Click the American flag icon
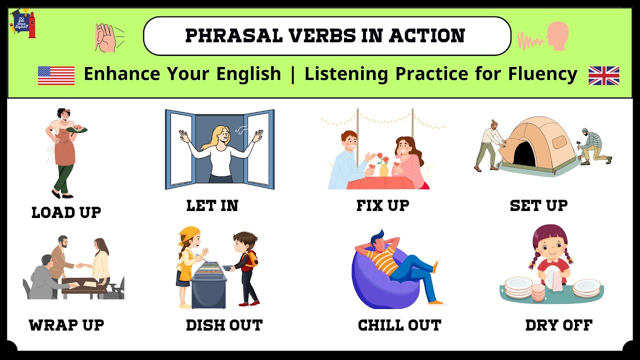coord(56,75)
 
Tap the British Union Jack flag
coord(603,75)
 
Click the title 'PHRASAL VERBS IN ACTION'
coord(325,36)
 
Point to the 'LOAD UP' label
coord(66,212)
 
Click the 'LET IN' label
coord(212,205)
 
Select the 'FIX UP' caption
coord(382,205)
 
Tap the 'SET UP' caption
coord(538,205)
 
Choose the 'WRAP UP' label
coord(66,325)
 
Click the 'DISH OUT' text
coord(224,325)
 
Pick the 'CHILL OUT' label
coord(399,325)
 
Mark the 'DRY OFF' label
coord(558,325)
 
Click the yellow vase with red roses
coord(384,168)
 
